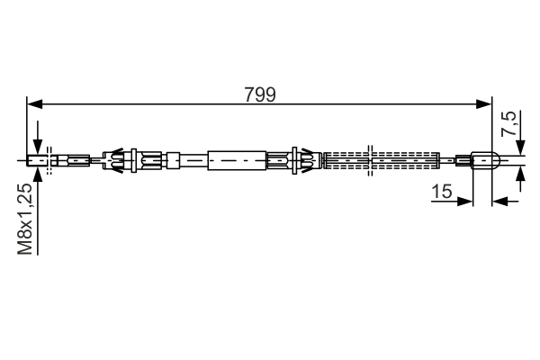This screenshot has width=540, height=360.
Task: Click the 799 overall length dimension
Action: [260, 94]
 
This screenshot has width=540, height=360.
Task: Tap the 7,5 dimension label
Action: [510, 123]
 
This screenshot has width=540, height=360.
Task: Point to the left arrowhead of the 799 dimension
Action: [35, 105]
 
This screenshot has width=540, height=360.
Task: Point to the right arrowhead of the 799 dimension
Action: [486, 105]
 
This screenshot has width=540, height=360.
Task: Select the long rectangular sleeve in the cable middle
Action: [238, 161]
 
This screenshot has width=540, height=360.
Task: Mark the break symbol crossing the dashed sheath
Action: [372, 161]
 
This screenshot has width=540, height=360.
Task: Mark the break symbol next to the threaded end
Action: [50, 162]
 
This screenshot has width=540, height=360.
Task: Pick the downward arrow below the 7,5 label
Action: [519, 149]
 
